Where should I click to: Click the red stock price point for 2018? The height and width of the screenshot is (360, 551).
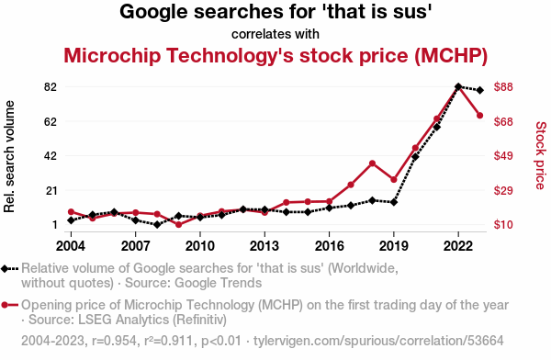tap(372, 163)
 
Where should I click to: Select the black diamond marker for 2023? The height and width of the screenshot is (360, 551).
tap(479, 90)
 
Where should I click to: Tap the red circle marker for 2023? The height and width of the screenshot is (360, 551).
tap(479, 116)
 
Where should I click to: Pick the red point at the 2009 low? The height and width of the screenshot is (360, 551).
tap(178, 224)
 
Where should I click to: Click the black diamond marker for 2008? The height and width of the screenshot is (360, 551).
tap(157, 224)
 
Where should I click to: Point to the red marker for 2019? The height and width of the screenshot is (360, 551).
tap(394, 180)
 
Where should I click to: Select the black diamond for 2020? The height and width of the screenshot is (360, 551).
tap(415, 157)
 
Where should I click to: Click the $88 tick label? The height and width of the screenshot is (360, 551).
tap(503, 86)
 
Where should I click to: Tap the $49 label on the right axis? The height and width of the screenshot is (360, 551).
tap(503, 156)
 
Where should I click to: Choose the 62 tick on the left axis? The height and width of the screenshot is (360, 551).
tap(51, 121)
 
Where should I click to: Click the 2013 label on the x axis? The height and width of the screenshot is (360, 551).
tap(264, 246)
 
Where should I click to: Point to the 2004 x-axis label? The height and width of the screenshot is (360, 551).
tap(71, 246)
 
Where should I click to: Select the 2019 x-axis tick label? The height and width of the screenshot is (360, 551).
tap(394, 246)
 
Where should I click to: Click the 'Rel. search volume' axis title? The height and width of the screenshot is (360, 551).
tap(9, 156)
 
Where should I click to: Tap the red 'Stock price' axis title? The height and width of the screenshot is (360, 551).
tap(541, 155)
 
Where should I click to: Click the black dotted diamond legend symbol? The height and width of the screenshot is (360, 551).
tap(9, 269)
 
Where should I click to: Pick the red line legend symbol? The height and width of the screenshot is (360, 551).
tap(9, 305)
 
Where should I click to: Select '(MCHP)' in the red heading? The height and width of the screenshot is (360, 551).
tap(451, 55)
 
